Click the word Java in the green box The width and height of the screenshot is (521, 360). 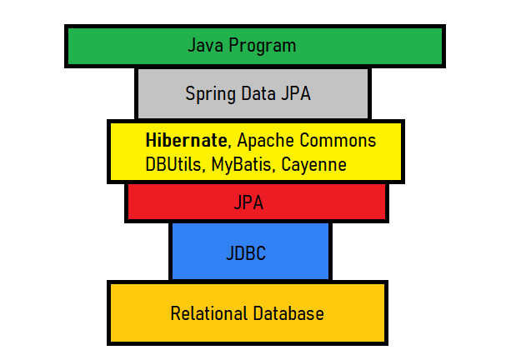tap(205, 45)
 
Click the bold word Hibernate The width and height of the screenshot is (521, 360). tap(185, 140)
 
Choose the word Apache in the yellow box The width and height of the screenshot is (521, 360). tap(263, 140)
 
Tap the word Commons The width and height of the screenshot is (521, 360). tap(338, 140)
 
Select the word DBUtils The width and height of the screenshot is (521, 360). tap(173, 164)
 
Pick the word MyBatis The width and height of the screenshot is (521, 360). tap(242, 164)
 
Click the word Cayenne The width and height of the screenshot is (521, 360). tap(313, 164)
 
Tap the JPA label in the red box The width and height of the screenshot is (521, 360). tap(256, 202)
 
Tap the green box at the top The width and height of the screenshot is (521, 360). tap(108, 45)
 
